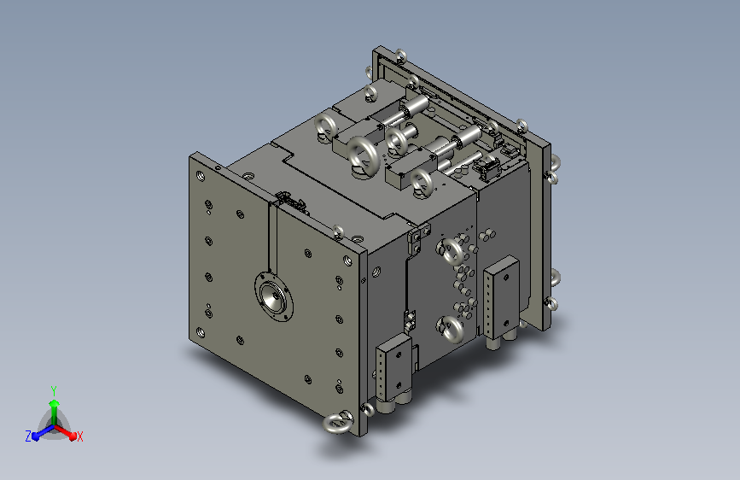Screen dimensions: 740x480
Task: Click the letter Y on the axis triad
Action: (x=54, y=391)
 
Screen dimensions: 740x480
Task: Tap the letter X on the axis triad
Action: (x=79, y=436)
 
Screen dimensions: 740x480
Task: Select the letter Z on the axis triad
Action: (x=28, y=436)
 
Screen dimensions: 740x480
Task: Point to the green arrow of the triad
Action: (x=55, y=413)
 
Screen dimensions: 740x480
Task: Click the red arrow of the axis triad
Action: (x=66, y=431)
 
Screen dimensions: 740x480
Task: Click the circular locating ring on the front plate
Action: (x=274, y=296)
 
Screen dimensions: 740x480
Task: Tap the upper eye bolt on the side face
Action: (x=451, y=251)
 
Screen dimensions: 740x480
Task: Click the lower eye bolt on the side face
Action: (x=451, y=328)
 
